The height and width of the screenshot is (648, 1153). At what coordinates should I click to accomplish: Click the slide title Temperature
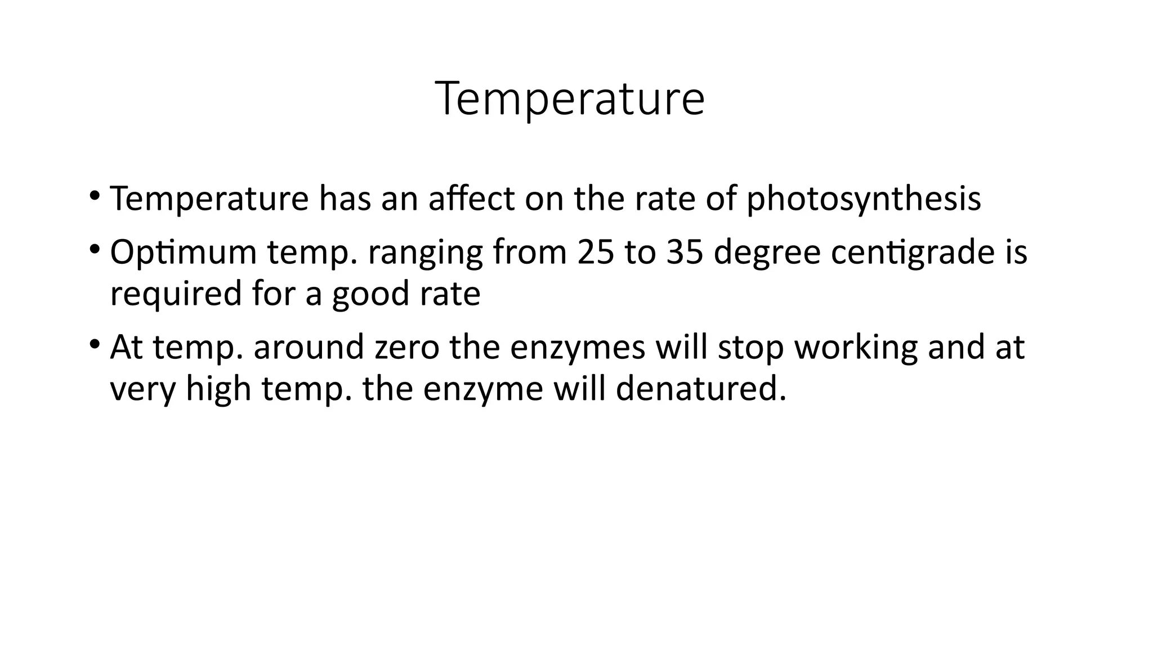point(570,99)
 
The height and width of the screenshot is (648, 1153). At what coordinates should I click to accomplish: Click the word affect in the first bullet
point(471,199)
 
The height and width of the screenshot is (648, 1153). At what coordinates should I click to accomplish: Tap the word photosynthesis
point(864,200)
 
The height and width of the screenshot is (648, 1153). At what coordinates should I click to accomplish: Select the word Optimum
point(183,253)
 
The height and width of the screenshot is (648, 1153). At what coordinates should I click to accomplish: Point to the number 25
point(596,252)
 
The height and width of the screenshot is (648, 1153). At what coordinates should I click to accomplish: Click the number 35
point(685,252)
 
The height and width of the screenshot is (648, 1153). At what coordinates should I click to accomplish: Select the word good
point(370,294)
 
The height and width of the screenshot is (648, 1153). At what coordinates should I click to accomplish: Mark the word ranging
point(426,253)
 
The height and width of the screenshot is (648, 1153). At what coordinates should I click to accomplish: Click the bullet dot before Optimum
point(94,249)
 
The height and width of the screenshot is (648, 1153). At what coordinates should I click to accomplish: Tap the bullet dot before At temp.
point(94,343)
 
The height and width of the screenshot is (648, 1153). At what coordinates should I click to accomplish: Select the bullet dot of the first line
point(94,195)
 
